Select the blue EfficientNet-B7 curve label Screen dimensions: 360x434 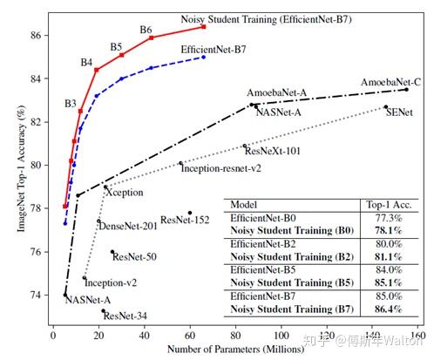(x=214, y=51)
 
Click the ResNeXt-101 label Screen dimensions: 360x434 (x=271, y=151)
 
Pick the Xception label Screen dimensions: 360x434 (x=124, y=192)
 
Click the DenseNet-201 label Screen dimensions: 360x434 (x=127, y=226)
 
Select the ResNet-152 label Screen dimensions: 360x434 (x=185, y=220)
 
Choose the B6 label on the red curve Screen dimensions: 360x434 (x=146, y=30)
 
